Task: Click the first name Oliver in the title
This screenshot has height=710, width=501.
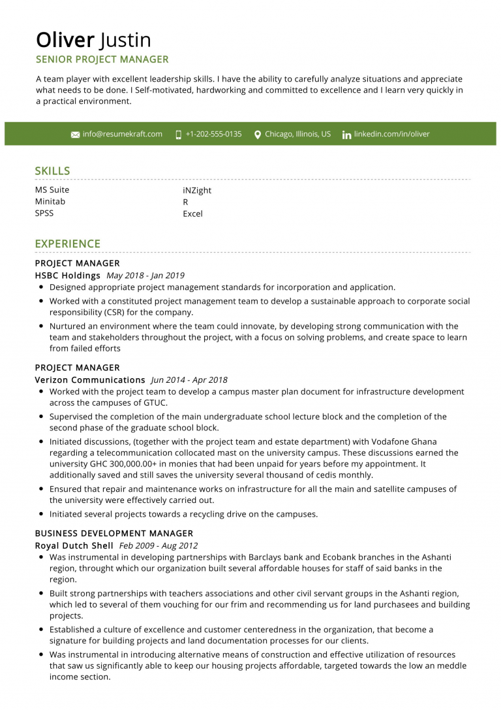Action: pyautogui.click(x=65, y=40)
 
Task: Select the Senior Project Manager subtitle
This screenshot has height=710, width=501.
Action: pyautogui.click(x=102, y=59)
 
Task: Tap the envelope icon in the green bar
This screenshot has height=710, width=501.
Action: pyautogui.click(x=75, y=135)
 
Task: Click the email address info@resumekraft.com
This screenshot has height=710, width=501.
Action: pyautogui.click(x=122, y=134)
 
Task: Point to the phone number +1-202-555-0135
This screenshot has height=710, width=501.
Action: pyautogui.click(x=213, y=134)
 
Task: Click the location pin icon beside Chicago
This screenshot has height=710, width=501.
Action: pyautogui.click(x=258, y=135)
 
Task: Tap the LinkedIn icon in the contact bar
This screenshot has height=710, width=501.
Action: pyautogui.click(x=346, y=135)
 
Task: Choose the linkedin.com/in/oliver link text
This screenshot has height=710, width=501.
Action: pyautogui.click(x=391, y=134)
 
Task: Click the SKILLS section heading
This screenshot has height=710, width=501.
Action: pyautogui.click(x=52, y=171)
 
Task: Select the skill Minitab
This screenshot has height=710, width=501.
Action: pyautogui.click(x=50, y=202)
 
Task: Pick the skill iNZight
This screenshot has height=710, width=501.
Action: pyautogui.click(x=197, y=191)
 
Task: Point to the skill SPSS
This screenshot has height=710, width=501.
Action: pyautogui.click(x=45, y=214)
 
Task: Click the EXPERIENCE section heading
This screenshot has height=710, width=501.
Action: pyautogui.click(x=67, y=244)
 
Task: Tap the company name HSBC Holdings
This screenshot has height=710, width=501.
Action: pyautogui.click(x=67, y=276)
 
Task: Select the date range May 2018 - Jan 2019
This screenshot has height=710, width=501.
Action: pyautogui.click(x=145, y=276)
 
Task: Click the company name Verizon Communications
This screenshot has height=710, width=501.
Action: pyautogui.click(x=90, y=380)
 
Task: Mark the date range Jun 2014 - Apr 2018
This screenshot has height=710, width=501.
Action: pyautogui.click(x=189, y=380)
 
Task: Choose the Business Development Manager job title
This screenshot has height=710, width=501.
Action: pyautogui.click(x=114, y=534)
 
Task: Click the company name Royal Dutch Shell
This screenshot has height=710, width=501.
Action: pyautogui.click(x=74, y=545)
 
